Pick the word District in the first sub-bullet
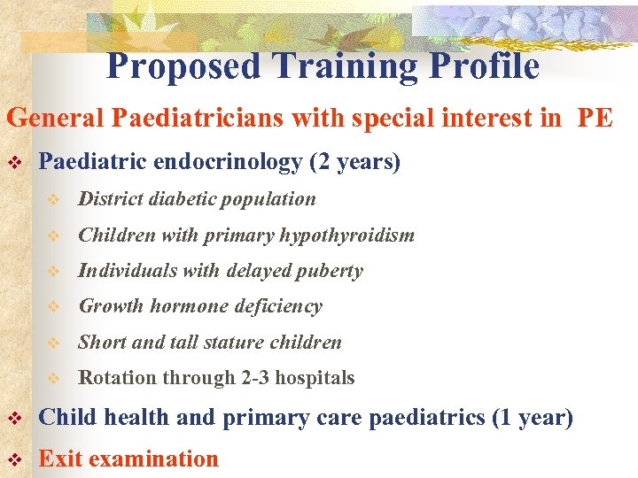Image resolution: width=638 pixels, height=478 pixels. point(107,199)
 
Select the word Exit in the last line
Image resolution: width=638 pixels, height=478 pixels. point(58,459)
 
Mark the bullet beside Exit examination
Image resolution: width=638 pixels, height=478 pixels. point(13,459)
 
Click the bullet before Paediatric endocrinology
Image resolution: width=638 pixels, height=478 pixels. point(13,163)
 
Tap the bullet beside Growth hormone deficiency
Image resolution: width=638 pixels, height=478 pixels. point(53,307)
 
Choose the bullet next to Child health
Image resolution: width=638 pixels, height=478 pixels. point(13,418)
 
